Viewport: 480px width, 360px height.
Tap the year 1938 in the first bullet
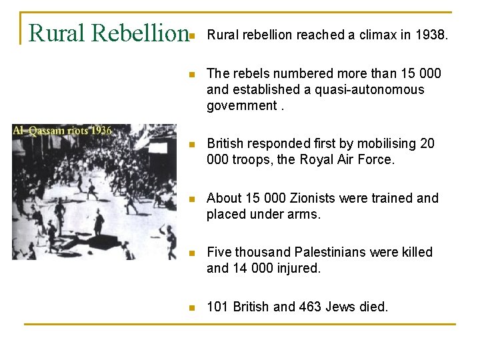pos(433,35)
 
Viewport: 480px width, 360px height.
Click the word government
pos(241,105)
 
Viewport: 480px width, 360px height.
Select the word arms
pos(305,214)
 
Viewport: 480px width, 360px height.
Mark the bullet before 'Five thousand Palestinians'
pos(191,253)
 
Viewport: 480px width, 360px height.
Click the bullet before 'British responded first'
pos(191,145)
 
